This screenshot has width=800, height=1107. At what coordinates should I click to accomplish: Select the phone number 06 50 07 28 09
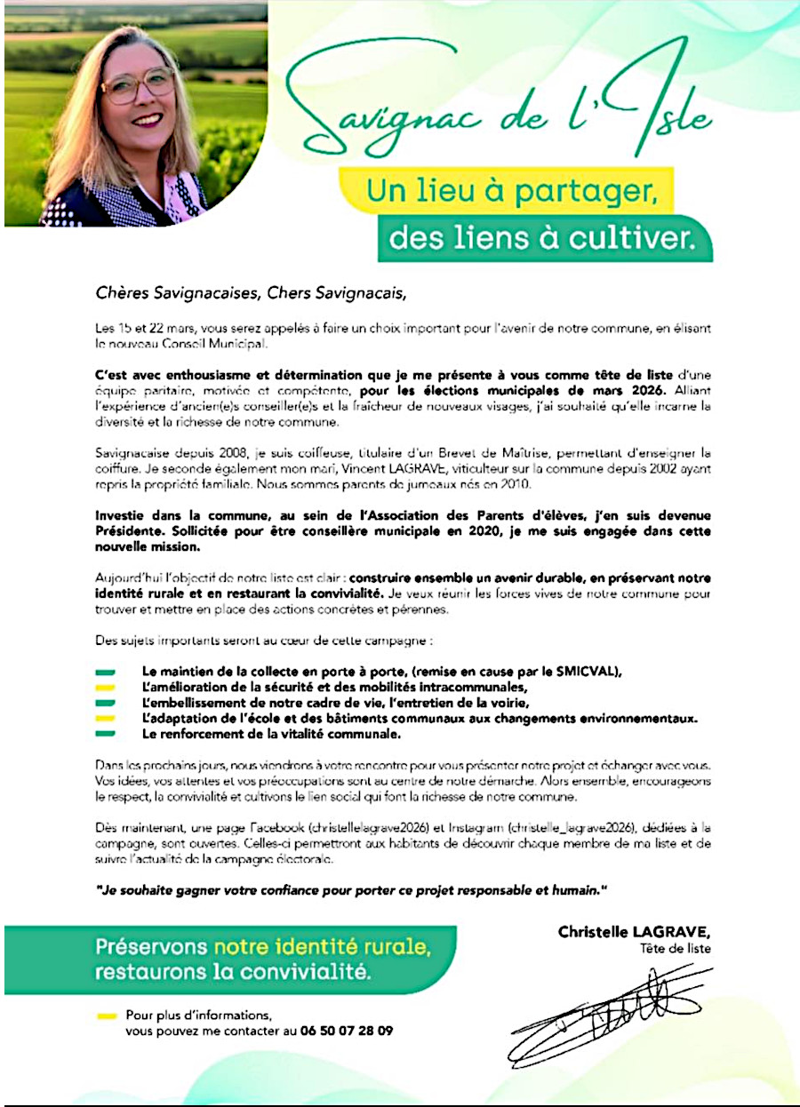point(344,1031)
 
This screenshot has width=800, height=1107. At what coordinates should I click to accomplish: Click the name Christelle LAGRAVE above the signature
point(635,932)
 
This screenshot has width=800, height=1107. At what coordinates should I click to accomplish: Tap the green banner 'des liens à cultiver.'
point(544,239)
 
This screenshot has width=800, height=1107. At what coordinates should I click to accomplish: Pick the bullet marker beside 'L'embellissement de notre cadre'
point(106,703)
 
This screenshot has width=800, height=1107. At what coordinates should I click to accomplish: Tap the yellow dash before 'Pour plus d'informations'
point(106,1015)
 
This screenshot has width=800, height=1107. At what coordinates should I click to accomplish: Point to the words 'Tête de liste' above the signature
point(676,948)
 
